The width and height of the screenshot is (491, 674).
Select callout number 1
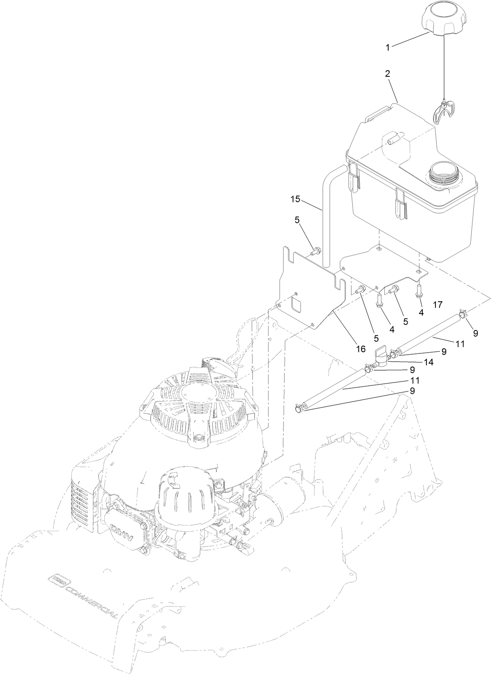click(388, 48)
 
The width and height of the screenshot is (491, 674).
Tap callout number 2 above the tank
click(387, 74)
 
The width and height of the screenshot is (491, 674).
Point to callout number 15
click(296, 199)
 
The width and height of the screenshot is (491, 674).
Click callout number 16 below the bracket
click(360, 348)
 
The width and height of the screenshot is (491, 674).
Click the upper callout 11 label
click(460, 344)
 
